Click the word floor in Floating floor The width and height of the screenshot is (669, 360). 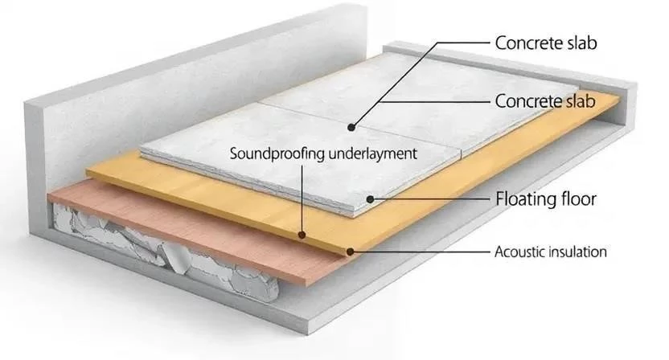(x=577, y=198)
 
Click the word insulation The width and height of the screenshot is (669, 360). (x=579, y=252)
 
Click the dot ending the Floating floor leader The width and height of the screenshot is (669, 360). (x=369, y=198)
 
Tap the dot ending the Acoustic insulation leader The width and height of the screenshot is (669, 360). (x=351, y=251)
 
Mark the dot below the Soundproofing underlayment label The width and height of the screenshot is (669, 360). (x=301, y=235)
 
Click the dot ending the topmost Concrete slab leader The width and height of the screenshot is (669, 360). (x=351, y=127)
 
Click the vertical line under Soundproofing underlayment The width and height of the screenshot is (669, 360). (x=301, y=197)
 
